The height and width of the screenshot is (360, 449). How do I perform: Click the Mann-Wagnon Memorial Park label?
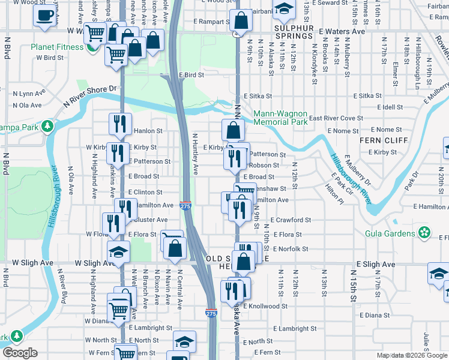(280, 117)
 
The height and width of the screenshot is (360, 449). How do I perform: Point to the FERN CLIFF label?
(375, 140)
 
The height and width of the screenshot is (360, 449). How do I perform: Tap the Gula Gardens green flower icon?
(425, 232)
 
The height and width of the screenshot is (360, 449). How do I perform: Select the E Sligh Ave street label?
(376, 264)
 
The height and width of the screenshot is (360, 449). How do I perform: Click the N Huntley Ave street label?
(194, 154)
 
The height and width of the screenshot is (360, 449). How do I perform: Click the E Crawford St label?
(290, 220)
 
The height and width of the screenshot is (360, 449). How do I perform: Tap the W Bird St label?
(50, 58)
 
